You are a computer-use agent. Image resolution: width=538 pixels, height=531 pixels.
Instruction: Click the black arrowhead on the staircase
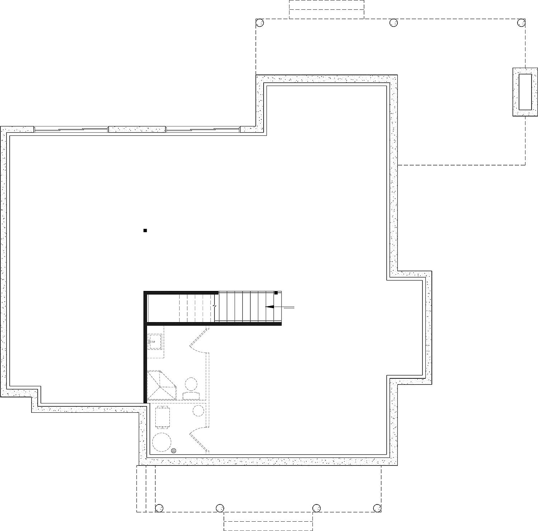269,307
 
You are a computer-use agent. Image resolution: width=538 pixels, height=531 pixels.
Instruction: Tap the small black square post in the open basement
145,231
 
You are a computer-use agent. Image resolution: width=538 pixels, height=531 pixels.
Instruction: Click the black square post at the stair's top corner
276,293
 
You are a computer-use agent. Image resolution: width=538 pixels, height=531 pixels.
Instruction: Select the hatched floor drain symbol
174,451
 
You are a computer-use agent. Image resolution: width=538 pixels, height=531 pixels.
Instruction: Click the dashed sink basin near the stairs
155,341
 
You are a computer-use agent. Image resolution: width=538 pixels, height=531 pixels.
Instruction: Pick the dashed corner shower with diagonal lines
161,385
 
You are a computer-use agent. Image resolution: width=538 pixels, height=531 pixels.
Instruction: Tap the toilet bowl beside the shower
191,384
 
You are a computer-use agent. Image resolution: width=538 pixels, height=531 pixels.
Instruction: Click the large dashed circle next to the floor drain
162,443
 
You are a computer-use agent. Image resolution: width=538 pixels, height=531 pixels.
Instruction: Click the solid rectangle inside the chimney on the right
525,92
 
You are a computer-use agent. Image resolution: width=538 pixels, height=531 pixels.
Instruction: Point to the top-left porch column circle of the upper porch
260,23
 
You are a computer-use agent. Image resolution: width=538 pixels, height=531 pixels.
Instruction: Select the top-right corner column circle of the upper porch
521,23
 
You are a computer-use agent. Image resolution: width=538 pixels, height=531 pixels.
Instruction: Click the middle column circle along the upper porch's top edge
393,23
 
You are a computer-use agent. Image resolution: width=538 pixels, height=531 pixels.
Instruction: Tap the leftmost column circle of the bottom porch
159,508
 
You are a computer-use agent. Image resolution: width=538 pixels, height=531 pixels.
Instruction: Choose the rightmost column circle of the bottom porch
377,508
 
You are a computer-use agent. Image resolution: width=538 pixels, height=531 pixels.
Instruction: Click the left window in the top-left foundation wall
71,129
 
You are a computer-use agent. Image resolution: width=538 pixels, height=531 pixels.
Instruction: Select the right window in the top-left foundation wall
203,129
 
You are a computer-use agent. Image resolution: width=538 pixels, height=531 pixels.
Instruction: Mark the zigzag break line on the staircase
214,307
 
